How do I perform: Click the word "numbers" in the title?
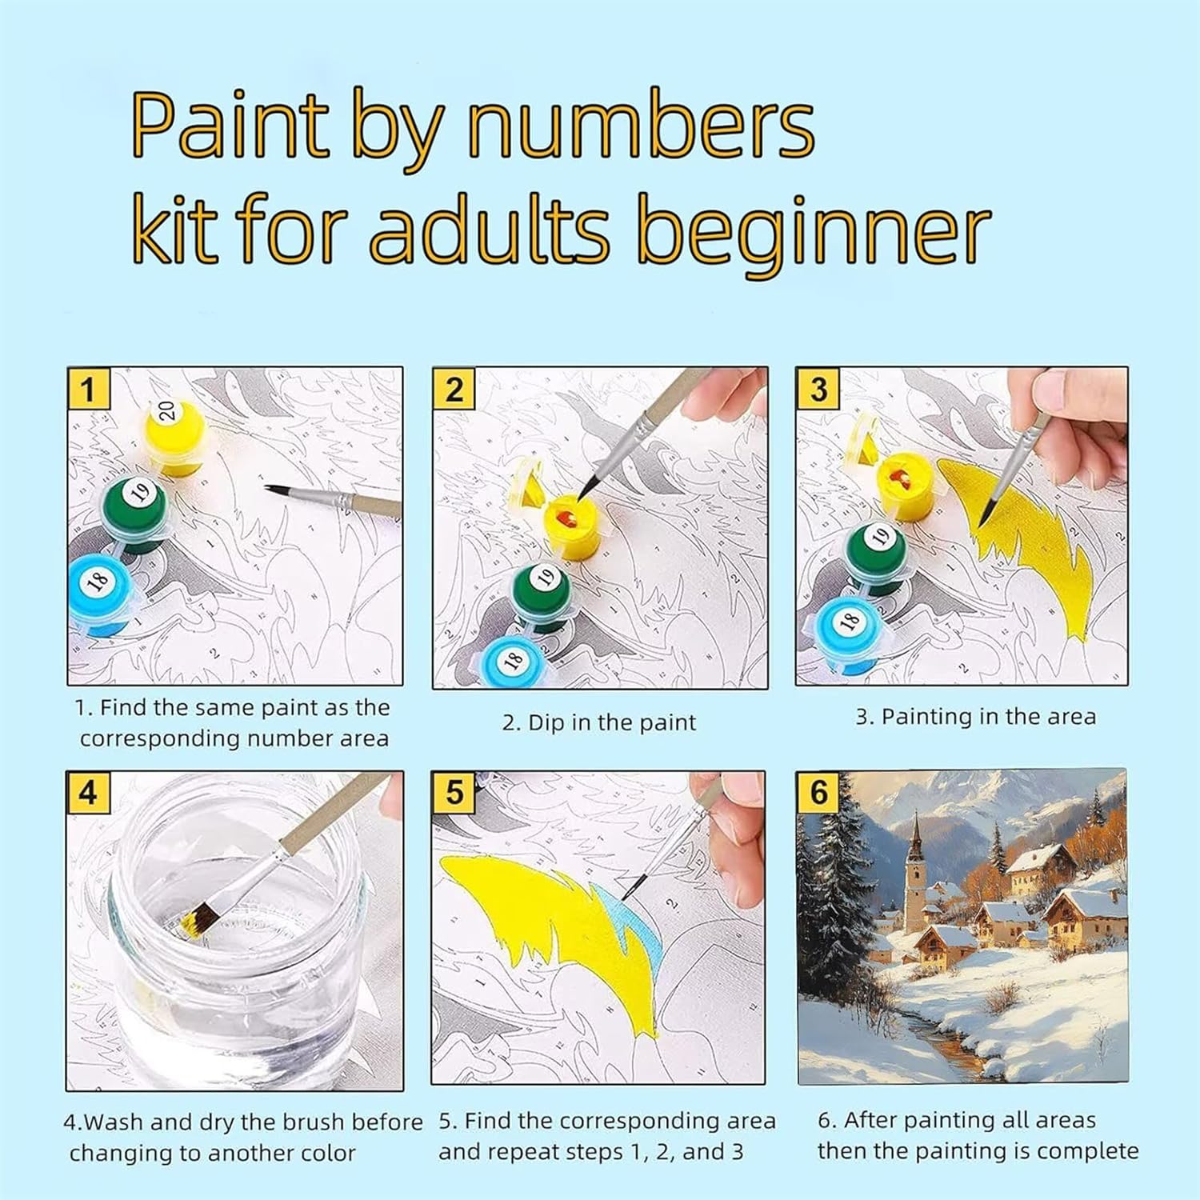click(x=641, y=126)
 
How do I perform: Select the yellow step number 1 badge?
click(x=87, y=390)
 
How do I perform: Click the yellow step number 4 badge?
click(x=87, y=793)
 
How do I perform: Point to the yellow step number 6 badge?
click(x=818, y=792)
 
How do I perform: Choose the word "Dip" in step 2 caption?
click(x=546, y=723)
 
